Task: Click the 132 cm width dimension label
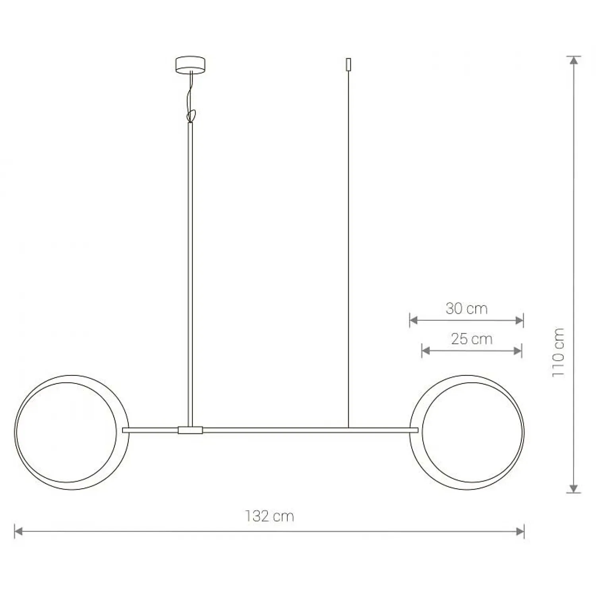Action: click(x=269, y=516)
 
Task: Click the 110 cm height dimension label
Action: click(x=558, y=353)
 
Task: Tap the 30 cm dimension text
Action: click(x=466, y=308)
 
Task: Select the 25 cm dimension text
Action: click(x=472, y=339)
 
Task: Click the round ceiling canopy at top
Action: click(x=191, y=65)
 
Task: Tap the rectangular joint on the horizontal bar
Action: click(x=191, y=430)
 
